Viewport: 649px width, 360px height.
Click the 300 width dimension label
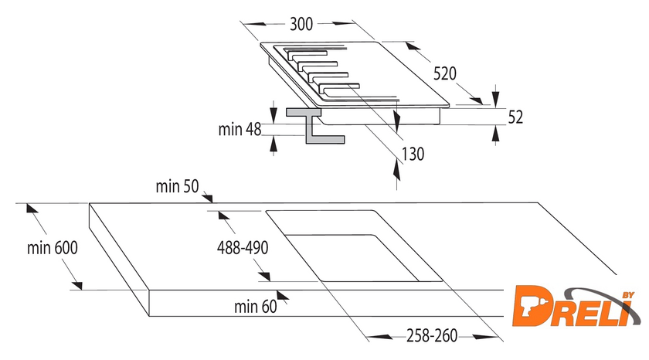301,24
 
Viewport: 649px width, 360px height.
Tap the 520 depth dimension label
445,74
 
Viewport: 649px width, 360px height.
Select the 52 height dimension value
515,117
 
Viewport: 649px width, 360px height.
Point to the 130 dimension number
413,154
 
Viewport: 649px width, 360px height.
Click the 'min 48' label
240,129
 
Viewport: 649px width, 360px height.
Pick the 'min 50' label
178,186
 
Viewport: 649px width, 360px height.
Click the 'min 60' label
255,307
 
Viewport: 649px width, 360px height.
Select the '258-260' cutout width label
423,337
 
